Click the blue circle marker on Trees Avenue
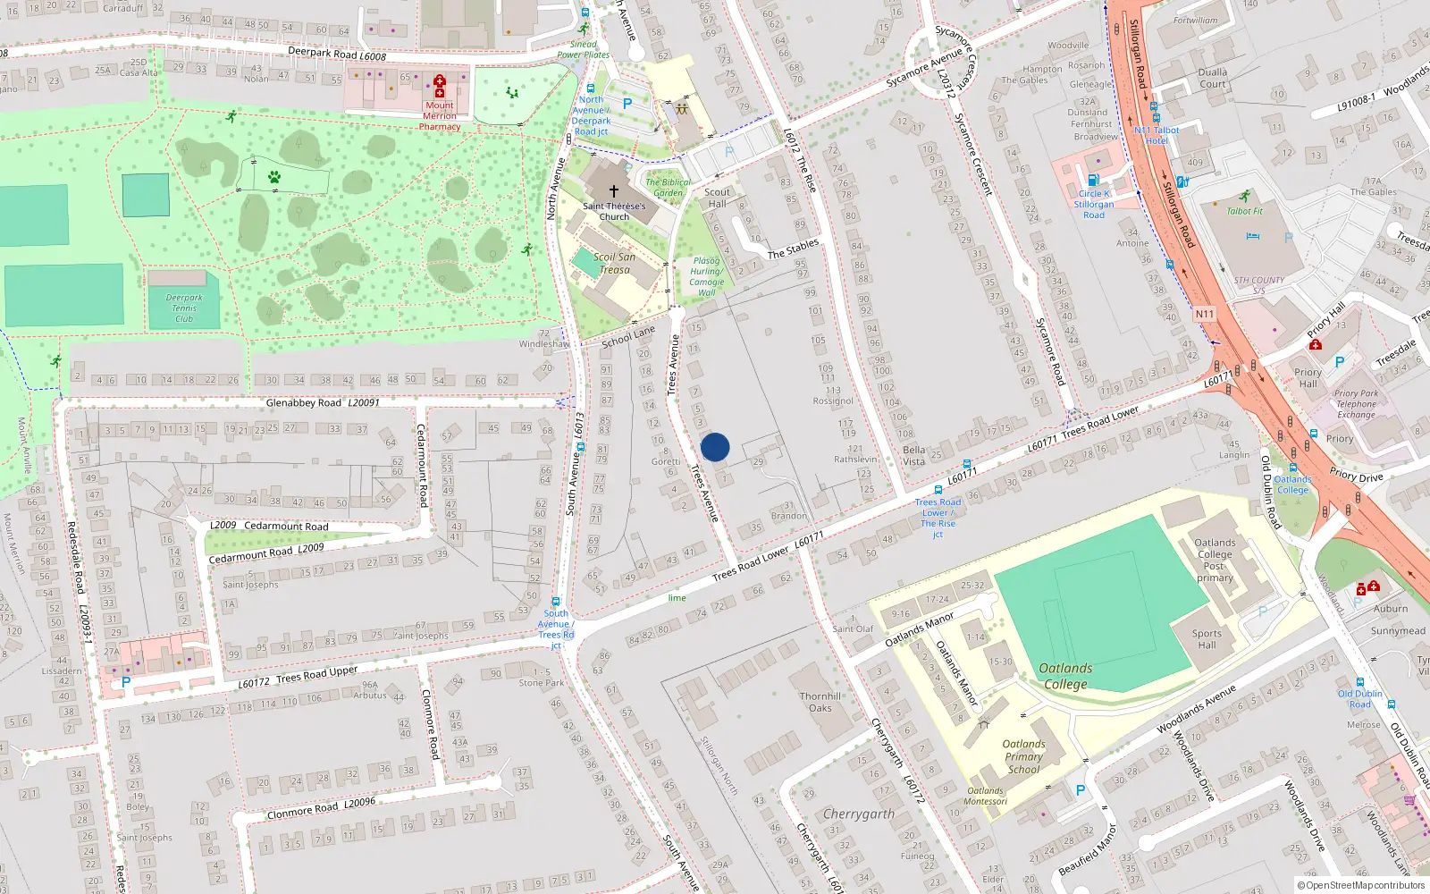pyautogui.click(x=714, y=447)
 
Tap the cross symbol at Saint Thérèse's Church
pyautogui.click(x=614, y=191)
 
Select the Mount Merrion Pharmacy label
pyautogui.click(x=440, y=116)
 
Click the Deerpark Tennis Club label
pyautogui.click(x=184, y=308)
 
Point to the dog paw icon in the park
pyautogui.click(x=274, y=177)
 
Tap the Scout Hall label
pyautogui.click(x=717, y=198)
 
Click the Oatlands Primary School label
pyautogui.click(x=1023, y=756)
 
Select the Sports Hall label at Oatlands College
pyautogui.click(x=1207, y=639)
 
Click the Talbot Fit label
pyautogui.click(x=1245, y=212)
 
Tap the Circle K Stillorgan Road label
pyautogui.click(x=1094, y=205)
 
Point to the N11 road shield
pyautogui.click(x=1205, y=314)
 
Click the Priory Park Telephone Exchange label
pyautogui.click(x=1356, y=404)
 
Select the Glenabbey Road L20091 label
pyautogui.click(x=323, y=403)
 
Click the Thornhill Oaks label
pyautogui.click(x=820, y=702)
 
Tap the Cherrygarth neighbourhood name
pyautogui.click(x=858, y=814)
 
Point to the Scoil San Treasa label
pyautogui.click(x=614, y=263)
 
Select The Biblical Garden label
pyautogui.click(x=669, y=188)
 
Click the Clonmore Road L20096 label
pyautogui.click(x=321, y=808)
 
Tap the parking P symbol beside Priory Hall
pyautogui.click(x=1339, y=362)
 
